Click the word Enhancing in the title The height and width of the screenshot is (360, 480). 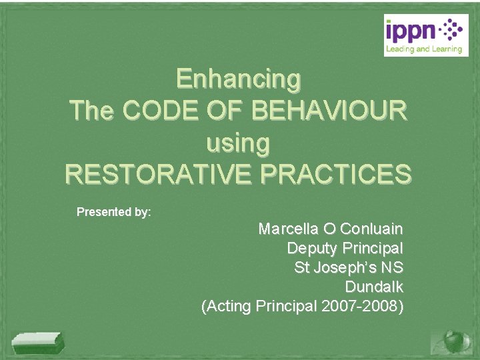click(x=239, y=79)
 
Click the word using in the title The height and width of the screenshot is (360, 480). click(x=239, y=142)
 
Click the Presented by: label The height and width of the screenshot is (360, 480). click(x=114, y=212)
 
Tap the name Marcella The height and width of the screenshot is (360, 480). click(x=289, y=229)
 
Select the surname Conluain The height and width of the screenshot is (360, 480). click(x=371, y=229)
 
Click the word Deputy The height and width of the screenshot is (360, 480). click(x=312, y=249)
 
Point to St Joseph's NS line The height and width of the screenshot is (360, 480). click(x=349, y=268)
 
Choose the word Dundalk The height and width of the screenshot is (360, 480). click(x=374, y=287)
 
